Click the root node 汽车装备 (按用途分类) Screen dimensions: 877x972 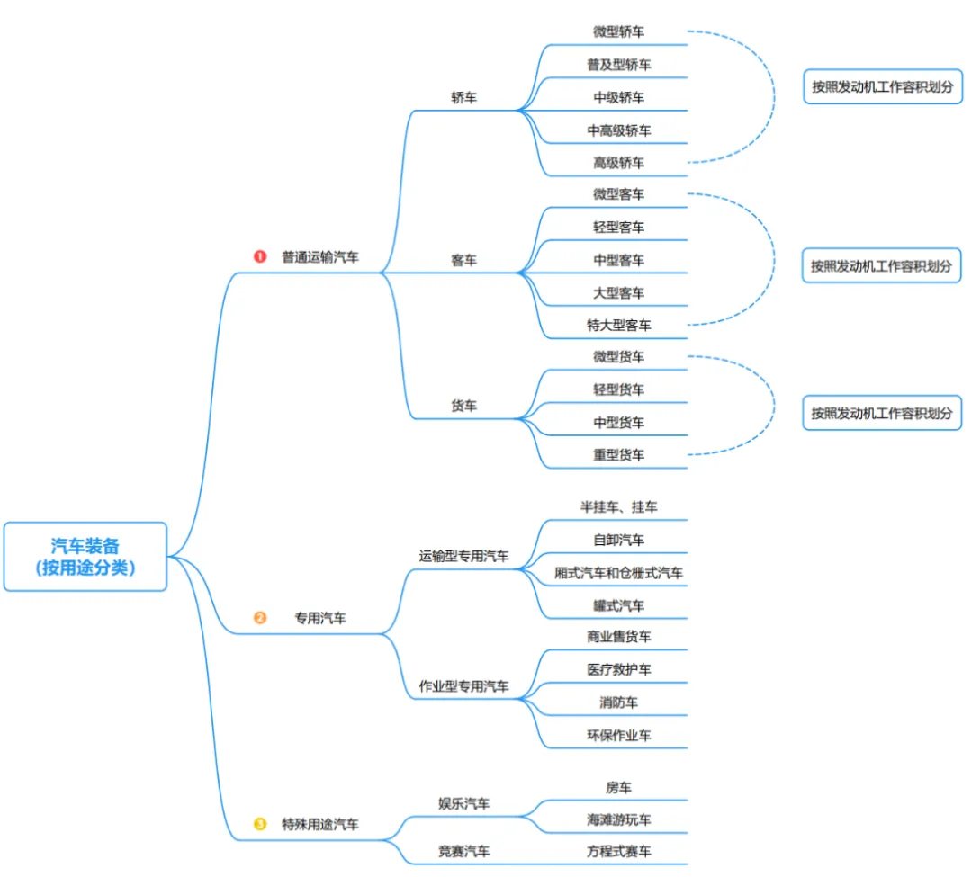point(85,556)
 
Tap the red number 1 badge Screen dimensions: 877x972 point(260,256)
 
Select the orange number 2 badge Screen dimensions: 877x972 point(260,618)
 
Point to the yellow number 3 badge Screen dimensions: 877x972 point(260,823)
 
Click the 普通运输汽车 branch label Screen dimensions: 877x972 point(320,256)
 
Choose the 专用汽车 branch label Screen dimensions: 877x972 point(320,618)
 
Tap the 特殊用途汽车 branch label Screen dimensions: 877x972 point(320,823)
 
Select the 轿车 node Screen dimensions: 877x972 point(464,97)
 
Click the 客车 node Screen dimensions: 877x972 point(464,261)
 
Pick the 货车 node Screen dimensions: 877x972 point(464,406)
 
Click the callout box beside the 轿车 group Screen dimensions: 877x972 point(882,87)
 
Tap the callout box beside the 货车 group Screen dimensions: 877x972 point(882,413)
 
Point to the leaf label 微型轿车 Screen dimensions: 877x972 point(618,31)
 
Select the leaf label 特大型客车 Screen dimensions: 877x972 point(618,325)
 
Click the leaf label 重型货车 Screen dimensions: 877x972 point(618,455)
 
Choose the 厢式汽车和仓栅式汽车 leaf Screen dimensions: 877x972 point(618,573)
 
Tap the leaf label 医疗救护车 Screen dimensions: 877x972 point(618,669)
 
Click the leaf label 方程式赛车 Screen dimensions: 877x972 point(618,850)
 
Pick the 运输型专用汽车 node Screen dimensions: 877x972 point(464,556)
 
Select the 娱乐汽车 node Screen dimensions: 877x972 point(464,803)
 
